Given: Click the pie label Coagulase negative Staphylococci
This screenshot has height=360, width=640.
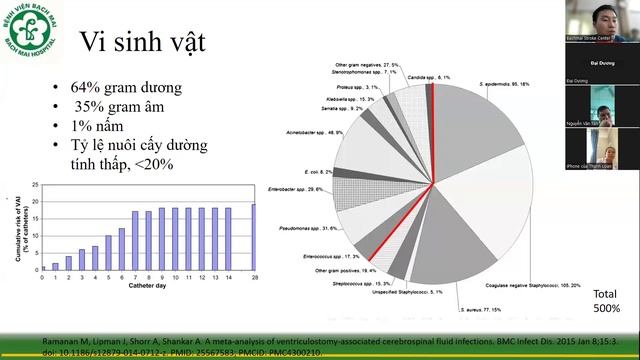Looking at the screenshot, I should coord(520,284).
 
